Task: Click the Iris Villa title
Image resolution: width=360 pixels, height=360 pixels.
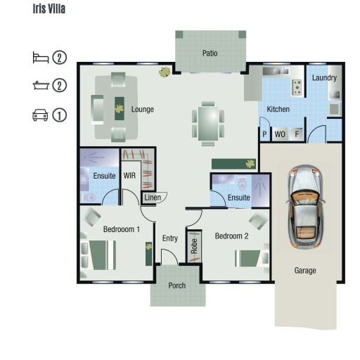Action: [x=49, y=8]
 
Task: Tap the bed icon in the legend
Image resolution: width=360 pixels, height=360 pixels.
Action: [x=41, y=58]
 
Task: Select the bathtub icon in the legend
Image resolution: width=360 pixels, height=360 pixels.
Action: [x=41, y=85]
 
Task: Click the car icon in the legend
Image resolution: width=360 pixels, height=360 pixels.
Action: [x=40, y=115]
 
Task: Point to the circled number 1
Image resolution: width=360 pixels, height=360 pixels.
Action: [x=59, y=115]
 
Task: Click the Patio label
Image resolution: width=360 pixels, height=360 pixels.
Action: [x=210, y=53]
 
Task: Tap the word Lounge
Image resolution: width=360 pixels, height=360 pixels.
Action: [x=143, y=109]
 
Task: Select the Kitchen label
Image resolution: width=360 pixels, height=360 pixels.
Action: [x=278, y=109]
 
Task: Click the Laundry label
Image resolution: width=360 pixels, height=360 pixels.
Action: [x=324, y=77]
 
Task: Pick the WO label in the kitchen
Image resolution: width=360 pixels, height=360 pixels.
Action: [x=280, y=134]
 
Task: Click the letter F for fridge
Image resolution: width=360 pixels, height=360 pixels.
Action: [x=297, y=134]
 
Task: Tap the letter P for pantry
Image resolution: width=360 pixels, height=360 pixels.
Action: [x=264, y=134]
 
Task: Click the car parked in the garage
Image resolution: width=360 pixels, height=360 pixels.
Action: [x=305, y=207]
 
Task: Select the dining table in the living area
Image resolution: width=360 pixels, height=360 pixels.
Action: [x=208, y=124]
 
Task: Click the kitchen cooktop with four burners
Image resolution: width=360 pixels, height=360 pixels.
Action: [x=297, y=88]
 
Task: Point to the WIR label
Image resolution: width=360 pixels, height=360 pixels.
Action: [x=129, y=176]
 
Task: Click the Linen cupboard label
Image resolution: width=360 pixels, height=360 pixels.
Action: [x=153, y=198]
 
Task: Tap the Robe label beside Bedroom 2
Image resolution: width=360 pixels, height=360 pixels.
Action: [x=194, y=246]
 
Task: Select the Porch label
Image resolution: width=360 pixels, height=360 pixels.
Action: [x=177, y=285]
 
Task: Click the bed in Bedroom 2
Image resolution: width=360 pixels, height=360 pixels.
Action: [x=251, y=259]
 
